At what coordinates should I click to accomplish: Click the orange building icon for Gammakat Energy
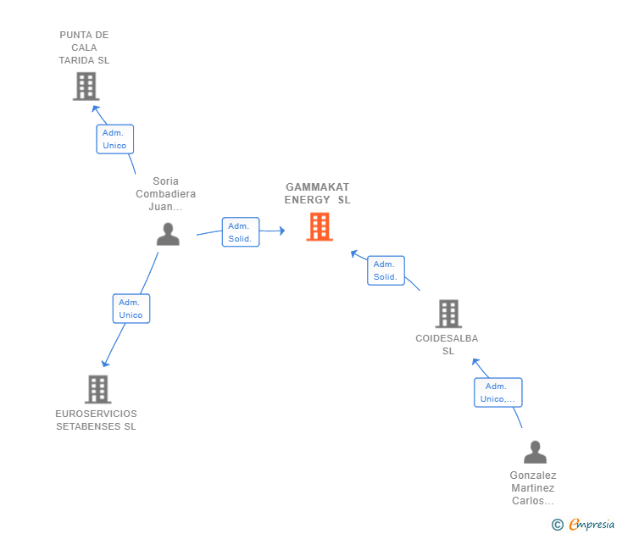coord(320,226)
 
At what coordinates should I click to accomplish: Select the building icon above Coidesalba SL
coord(448,314)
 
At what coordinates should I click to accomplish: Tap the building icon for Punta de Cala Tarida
coord(86,86)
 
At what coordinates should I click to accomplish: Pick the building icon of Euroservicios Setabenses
coord(98,389)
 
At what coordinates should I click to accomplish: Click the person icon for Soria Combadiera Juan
coord(168,234)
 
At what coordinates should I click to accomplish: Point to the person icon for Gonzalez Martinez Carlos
coord(535,452)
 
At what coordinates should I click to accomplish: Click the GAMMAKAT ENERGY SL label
coord(318,193)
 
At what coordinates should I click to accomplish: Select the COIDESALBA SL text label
coord(447,344)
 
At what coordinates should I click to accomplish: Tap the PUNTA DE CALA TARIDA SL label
coord(84,47)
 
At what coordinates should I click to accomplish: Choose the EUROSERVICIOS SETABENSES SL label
coord(97,420)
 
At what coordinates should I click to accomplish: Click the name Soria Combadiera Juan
coord(165,193)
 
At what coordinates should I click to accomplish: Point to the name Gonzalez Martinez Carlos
coord(533,488)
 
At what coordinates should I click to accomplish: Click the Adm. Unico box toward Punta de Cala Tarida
coord(115,139)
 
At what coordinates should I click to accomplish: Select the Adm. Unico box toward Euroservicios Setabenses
coord(131,309)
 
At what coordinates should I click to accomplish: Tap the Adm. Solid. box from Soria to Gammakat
coord(241,232)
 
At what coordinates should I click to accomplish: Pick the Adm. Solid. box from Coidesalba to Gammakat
coord(386,270)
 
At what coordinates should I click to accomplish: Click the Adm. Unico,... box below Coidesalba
coord(497,392)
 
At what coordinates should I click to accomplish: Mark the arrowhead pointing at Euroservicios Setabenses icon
coord(105,364)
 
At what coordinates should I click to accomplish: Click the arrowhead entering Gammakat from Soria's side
coord(282,231)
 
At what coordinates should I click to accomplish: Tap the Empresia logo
coord(583,525)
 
